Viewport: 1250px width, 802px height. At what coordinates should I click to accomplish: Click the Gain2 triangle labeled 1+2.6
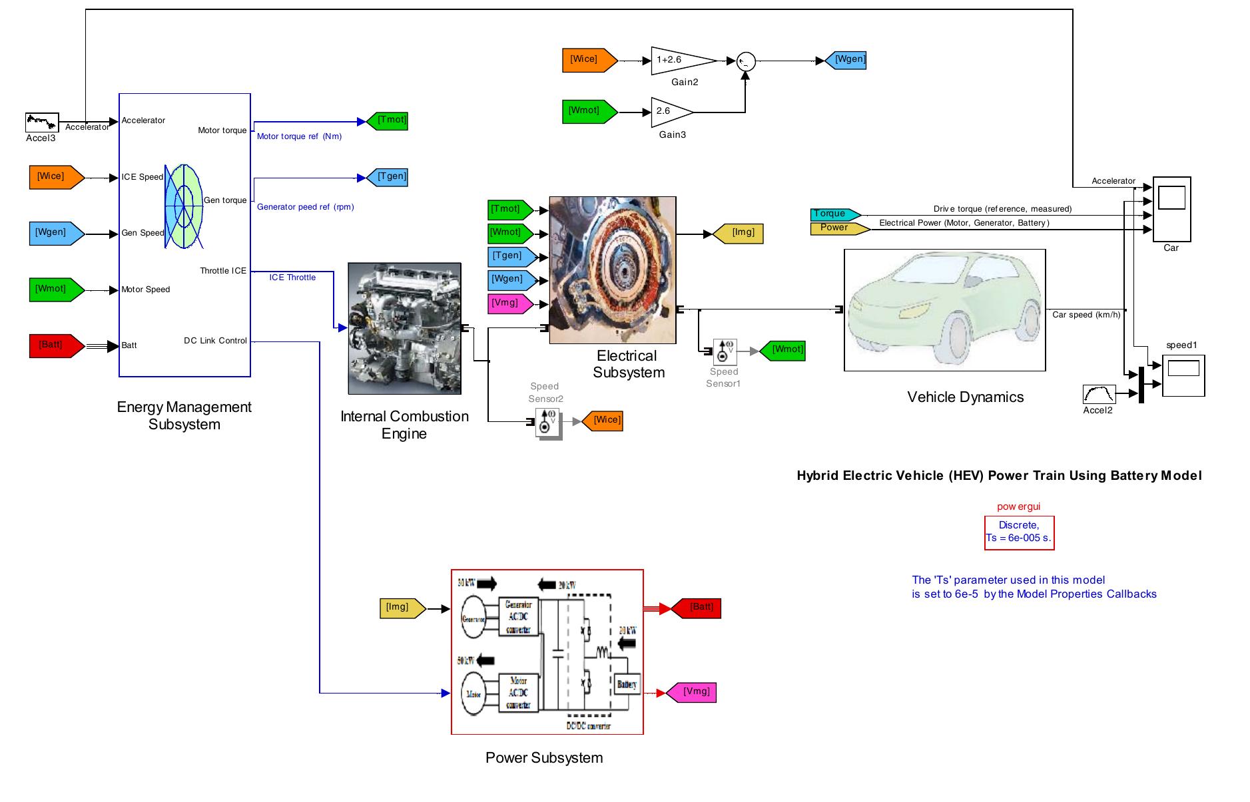pyautogui.click(x=679, y=61)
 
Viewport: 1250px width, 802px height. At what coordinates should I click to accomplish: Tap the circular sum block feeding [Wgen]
pyautogui.click(x=746, y=61)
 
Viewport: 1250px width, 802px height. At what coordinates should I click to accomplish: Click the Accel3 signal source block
pyautogui.click(x=42, y=122)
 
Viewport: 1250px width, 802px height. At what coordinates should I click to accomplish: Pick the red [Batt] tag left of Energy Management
pyautogui.click(x=56, y=345)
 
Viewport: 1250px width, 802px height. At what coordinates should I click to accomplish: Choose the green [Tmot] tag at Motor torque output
pyautogui.click(x=388, y=121)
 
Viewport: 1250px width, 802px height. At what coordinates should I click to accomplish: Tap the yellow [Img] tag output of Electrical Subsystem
pyautogui.click(x=739, y=234)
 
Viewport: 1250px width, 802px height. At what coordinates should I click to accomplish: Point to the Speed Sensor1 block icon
pyautogui.click(x=725, y=351)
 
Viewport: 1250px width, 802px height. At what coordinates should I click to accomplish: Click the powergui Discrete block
pyautogui.click(x=1019, y=532)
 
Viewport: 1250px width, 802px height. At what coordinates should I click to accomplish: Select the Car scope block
pyautogui.click(x=1171, y=208)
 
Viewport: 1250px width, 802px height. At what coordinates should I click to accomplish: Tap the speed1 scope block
pyautogui.click(x=1183, y=375)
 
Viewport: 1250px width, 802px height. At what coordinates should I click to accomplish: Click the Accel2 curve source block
pyautogui.click(x=1099, y=394)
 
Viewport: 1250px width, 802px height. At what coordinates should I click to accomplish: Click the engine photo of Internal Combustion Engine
pyautogui.click(x=404, y=328)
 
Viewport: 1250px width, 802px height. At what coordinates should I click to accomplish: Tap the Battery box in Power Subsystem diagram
pyautogui.click(x=627, y=684)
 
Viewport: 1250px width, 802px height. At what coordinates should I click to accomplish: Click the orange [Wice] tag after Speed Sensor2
pyautogui.click(x=603, y=421)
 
